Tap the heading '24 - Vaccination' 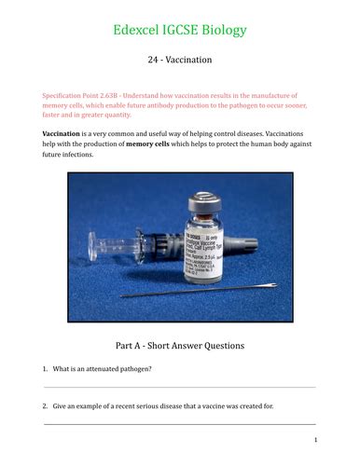(x=180, y=60)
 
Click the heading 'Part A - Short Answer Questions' (x=180, y=345)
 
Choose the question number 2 (x=46, y=407)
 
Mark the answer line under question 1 (x=180, y=387)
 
